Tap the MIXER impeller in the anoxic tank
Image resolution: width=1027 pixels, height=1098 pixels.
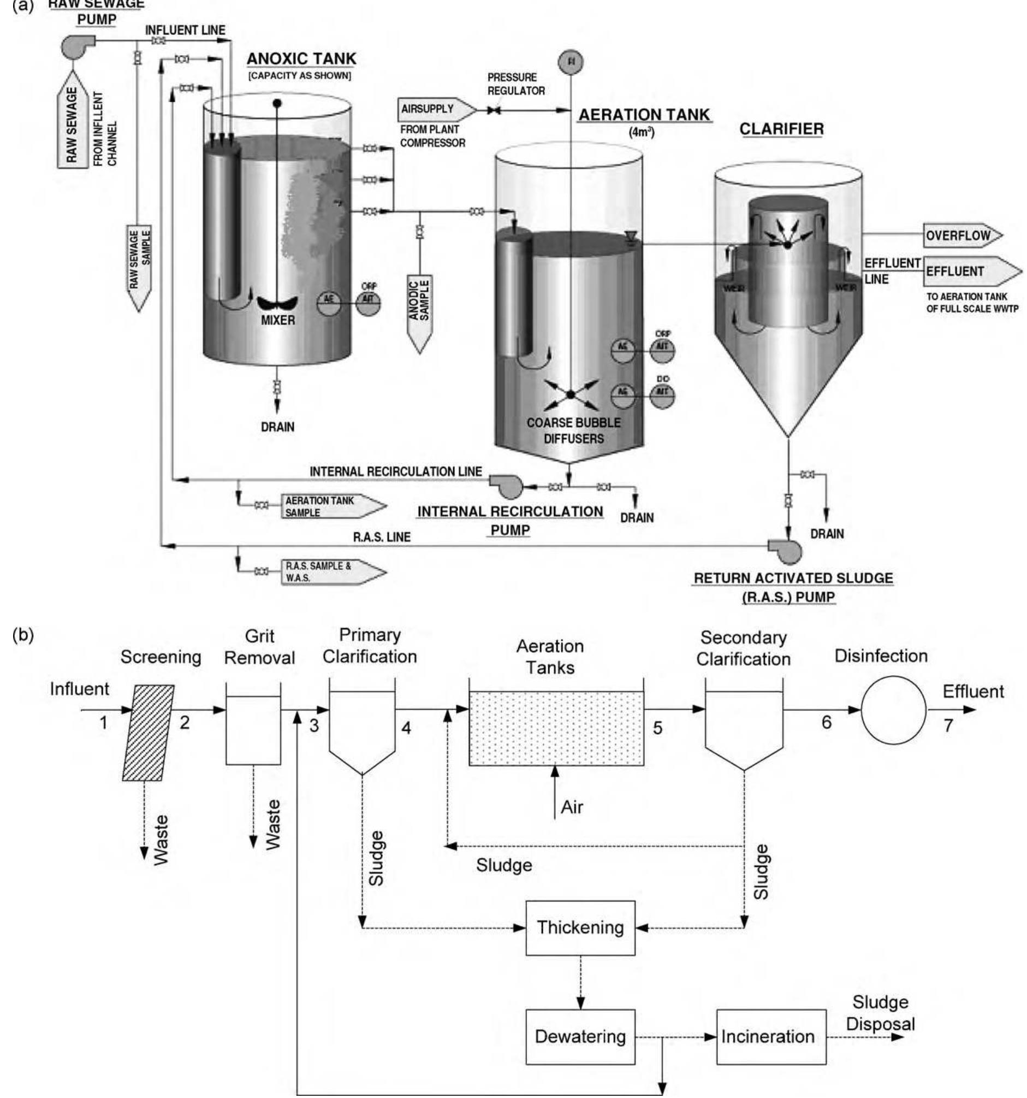pos(277,303)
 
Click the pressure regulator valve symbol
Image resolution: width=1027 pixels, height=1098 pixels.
pos(494,111)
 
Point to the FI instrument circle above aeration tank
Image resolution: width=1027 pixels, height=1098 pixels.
pos(571,62)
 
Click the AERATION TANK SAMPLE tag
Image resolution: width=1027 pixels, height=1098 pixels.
pos(329,506)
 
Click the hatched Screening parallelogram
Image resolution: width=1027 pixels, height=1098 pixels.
pos(147,733)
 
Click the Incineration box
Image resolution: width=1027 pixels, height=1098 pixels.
pos(771,1037)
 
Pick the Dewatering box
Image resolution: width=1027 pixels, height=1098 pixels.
pos(580,1037)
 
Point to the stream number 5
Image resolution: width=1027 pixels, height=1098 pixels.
pos(657,728)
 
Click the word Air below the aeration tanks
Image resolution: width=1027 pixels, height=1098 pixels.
pos(572,807)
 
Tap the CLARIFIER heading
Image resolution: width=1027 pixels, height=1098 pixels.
pos(781,129)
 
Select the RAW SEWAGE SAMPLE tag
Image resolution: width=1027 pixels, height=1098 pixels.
pos(140,262)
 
